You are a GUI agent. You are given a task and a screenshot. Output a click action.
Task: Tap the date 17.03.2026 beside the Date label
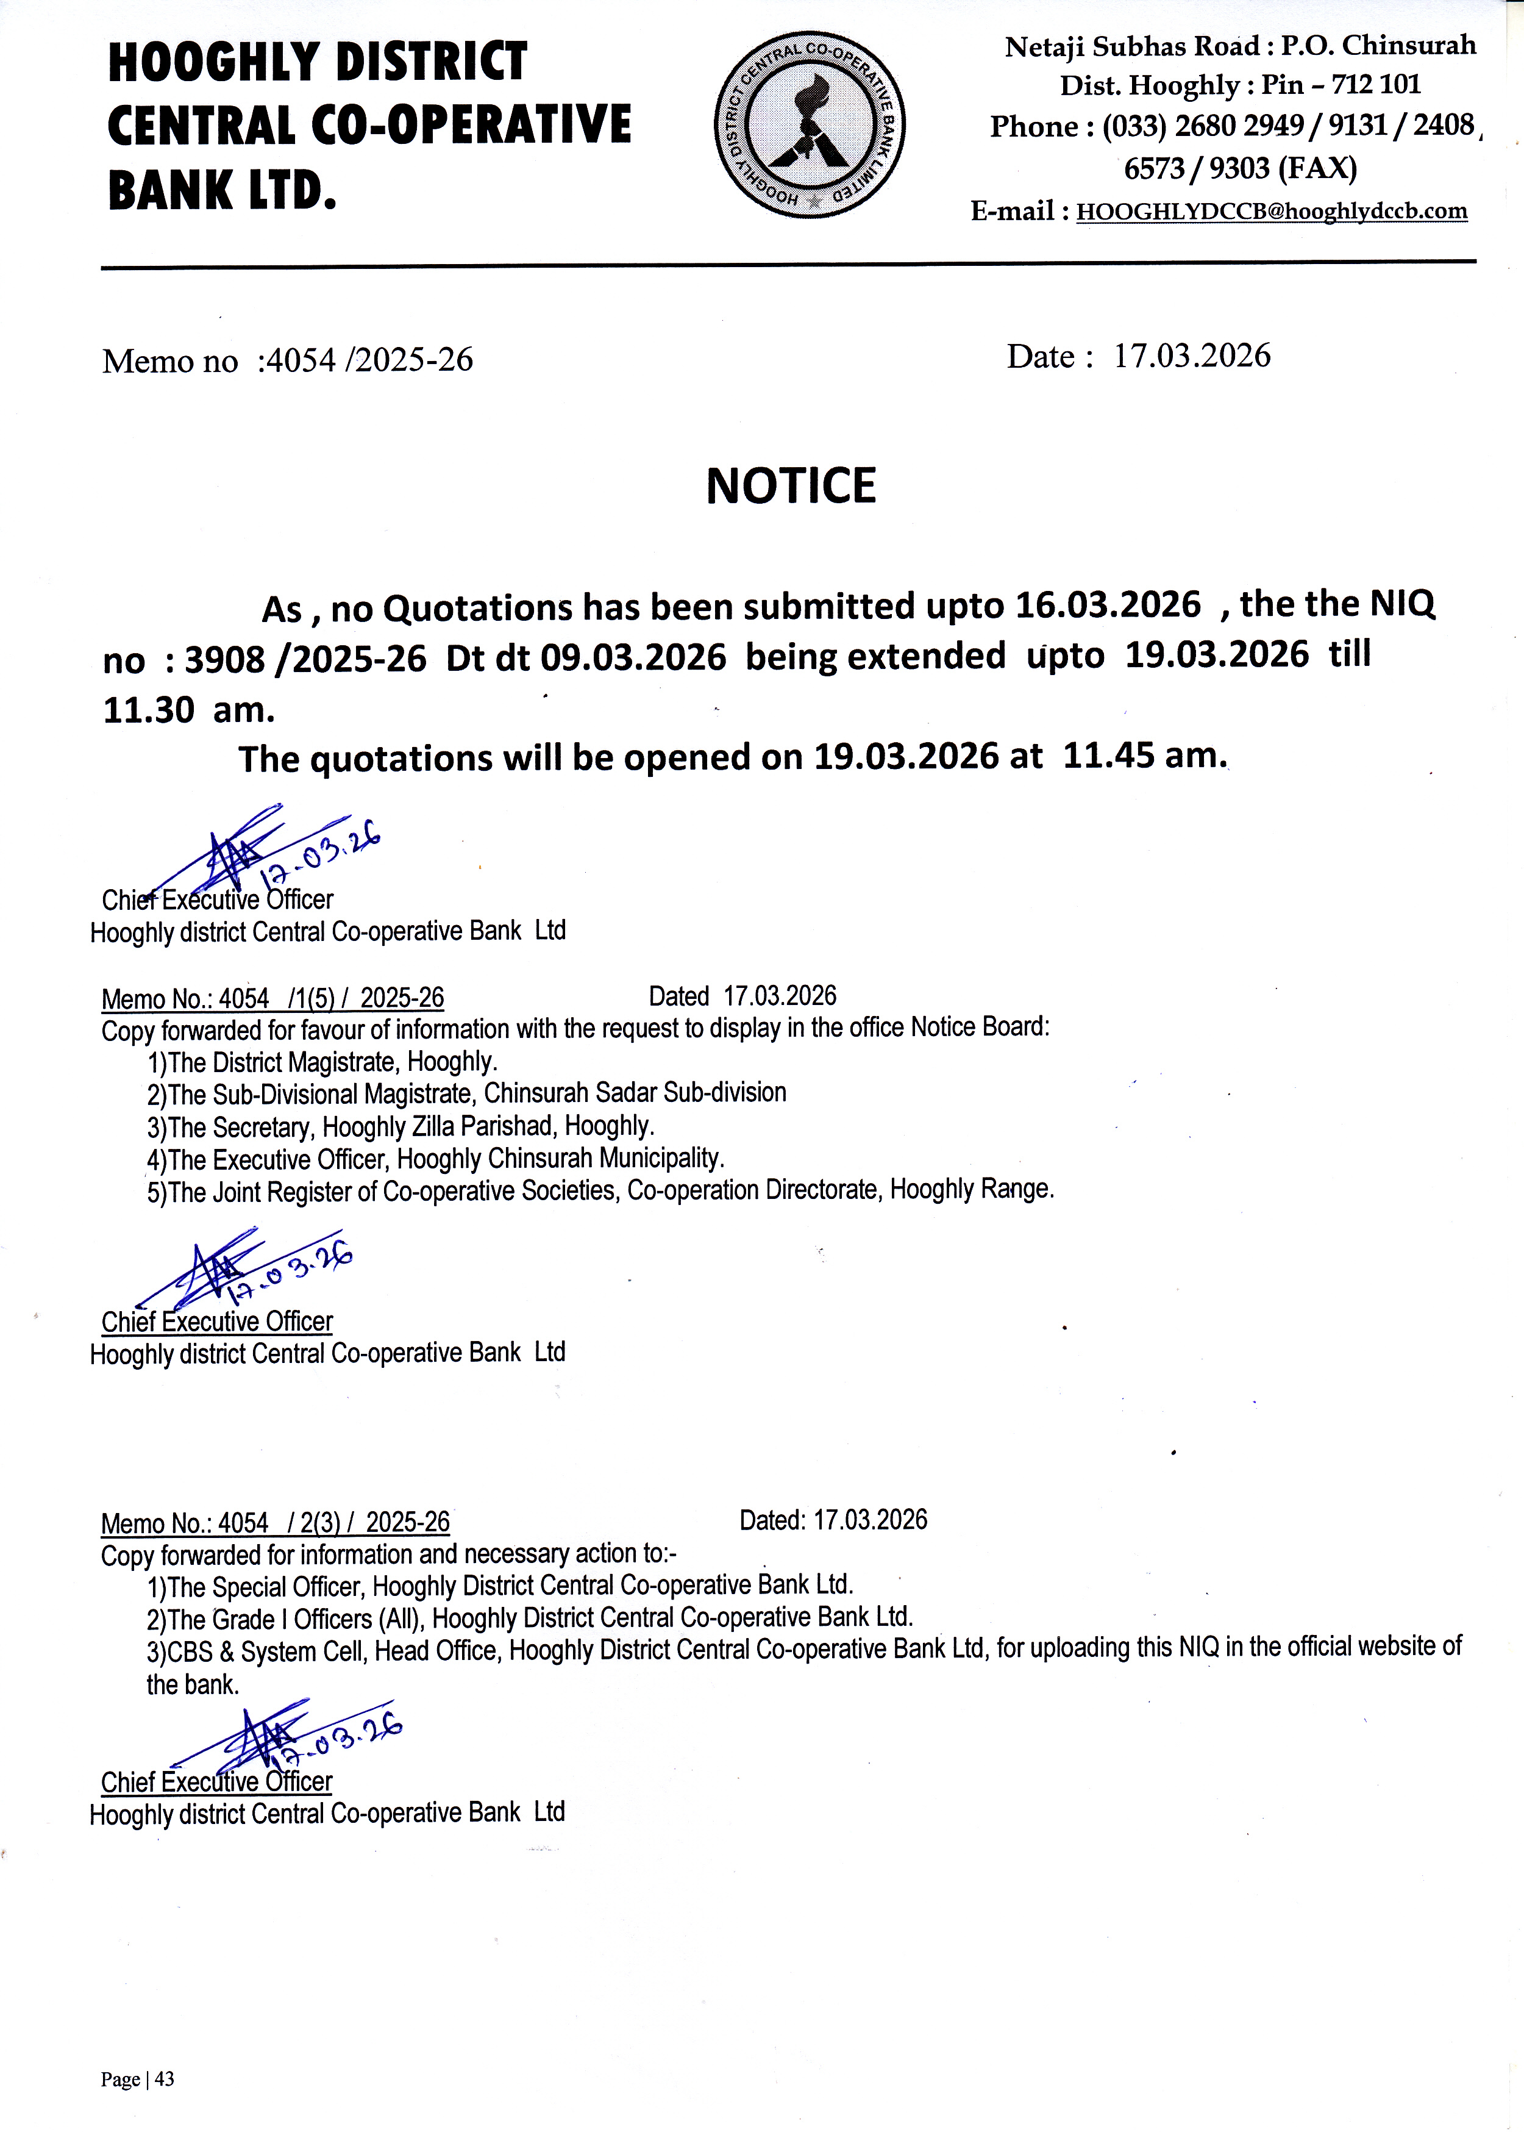[x=1191, y=356]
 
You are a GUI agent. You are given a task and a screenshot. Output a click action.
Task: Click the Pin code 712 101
[x=1376, y=85]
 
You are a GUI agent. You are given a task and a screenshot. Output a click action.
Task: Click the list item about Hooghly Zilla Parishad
[x=401, y=1126]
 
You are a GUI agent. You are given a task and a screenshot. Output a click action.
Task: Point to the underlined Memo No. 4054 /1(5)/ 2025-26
[x=272, y=998]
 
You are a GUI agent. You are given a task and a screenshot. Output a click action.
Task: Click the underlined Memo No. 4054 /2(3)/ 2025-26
[x=275, y=1523]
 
